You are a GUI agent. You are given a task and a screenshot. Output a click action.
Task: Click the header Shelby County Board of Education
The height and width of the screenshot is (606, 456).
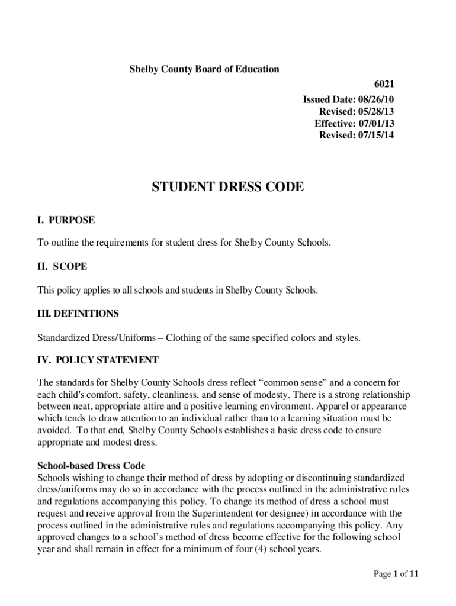204,69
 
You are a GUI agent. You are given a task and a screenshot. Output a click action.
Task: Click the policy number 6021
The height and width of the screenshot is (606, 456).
383,85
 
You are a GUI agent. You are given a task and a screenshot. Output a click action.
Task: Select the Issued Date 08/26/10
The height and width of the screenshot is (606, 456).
348,99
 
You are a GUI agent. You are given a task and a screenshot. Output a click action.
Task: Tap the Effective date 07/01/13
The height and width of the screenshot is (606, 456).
354,123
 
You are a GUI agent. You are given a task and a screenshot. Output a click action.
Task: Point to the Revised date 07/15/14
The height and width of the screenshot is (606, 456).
357,135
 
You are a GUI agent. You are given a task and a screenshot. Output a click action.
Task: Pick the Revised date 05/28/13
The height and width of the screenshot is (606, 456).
357,111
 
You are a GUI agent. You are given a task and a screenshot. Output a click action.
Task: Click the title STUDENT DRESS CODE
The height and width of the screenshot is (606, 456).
228,188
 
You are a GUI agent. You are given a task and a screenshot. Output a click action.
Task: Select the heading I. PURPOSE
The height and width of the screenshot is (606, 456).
66,220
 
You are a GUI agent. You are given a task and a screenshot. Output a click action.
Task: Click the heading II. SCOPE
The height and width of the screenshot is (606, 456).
62,267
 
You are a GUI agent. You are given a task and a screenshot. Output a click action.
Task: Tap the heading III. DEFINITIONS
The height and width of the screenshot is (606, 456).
78,314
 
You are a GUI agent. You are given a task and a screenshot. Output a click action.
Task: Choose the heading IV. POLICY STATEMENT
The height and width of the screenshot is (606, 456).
98,360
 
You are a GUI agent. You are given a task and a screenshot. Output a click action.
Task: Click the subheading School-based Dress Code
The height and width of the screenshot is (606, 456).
91,466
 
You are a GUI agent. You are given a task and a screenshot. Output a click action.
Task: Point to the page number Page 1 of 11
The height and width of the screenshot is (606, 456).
396,573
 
